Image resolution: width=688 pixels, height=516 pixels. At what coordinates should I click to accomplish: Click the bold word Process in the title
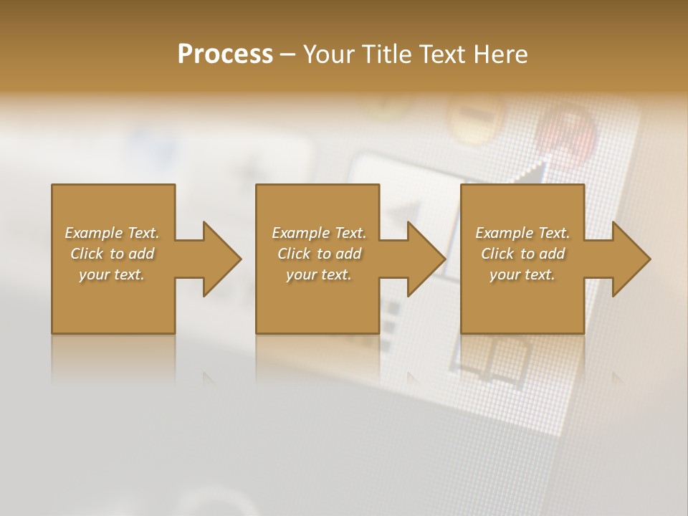pyautogui.click(x=225, y=54)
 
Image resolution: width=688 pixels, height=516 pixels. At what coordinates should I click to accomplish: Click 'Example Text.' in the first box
pyautogui.click(x=112, y=233)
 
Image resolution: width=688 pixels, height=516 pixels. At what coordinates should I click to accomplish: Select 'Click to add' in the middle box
pyautogui.click(x=319, y=254)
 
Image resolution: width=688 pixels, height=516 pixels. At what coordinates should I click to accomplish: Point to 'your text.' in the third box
pyautogui.click(x=522, y=274)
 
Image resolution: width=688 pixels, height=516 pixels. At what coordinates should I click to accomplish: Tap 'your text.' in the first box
pyautogui.click(x=112, y=274)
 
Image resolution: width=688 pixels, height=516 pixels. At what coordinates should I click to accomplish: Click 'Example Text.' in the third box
pyautogui.click(x=522, y=233)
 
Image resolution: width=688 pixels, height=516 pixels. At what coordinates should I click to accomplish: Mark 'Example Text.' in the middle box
pyautogui.click(x=319, y=233)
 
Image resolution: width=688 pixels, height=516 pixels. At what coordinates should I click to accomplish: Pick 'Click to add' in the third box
pyautogui.click(x=522, y=254)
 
